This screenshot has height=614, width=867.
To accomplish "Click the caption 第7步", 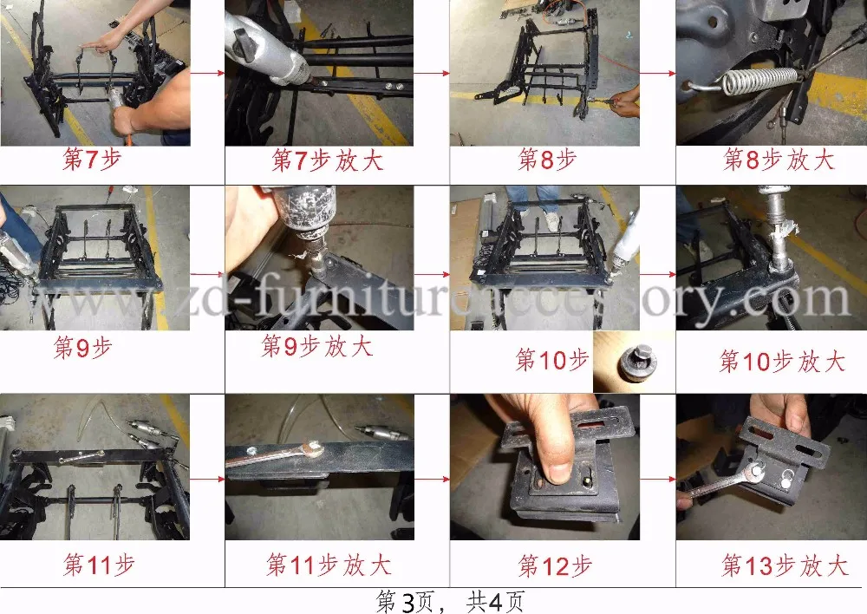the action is (x=92, y=159).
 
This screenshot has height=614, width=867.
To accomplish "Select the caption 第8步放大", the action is (x=779, y=160).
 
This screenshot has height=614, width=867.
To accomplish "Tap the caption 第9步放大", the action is (x=316, y=346).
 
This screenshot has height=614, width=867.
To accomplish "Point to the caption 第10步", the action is (x=551, y=360).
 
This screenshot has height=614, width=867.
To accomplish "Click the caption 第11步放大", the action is (x=329, y=565).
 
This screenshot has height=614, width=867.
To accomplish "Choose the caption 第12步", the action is (x=555, y=566).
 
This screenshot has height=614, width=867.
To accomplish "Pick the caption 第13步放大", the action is (x=784, y=565).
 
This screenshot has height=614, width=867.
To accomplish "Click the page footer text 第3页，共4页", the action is (x=450, y=601).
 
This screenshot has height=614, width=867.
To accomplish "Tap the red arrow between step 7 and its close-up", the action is (x=207, y=73).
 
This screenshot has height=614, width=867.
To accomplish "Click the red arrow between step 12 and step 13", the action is (x=657, y=479).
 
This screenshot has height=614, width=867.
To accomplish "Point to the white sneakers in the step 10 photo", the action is (x=551, y=221).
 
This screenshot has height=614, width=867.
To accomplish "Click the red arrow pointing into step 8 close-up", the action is (x=657, y=73).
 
